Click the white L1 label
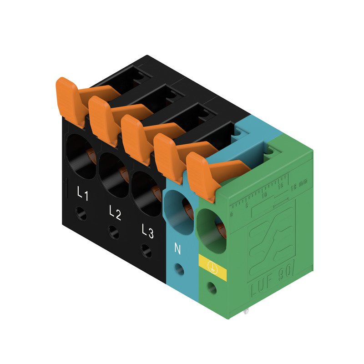coord(82,194)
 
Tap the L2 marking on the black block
coord(115,213)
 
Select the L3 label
coord(147,232)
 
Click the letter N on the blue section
coord(178,249)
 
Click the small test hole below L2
coord(114,233)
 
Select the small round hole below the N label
coord(179,269)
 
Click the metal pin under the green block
coord(246,312)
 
